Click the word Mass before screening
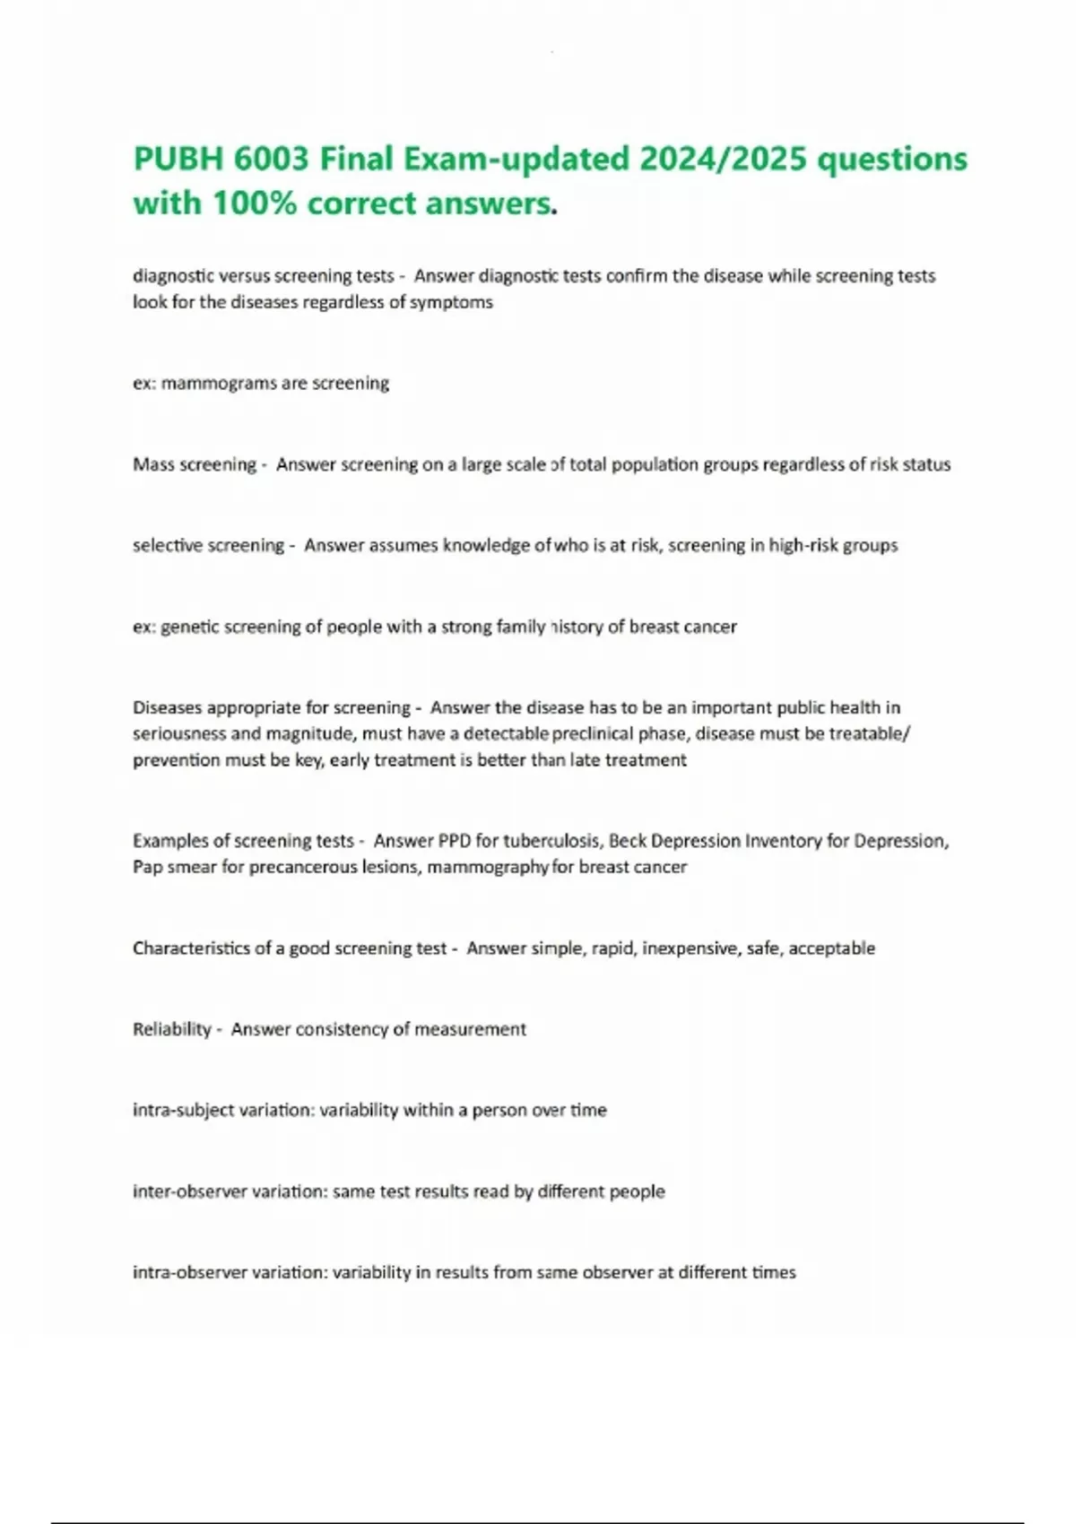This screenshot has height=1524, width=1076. click(x=154, y=464)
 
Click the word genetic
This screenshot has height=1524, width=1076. click(x=190, y=627)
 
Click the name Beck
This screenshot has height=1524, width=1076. click(x=627, y=841)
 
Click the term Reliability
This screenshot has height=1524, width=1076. click(x=172, y=1029)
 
